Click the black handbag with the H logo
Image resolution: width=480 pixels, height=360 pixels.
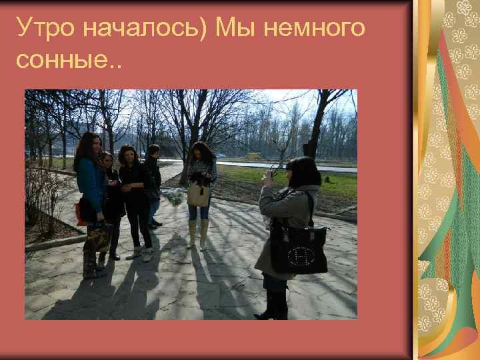pos(299,247)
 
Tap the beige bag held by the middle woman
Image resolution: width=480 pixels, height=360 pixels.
pos(198,194)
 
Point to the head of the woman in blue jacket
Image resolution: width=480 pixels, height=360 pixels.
pos(89,143)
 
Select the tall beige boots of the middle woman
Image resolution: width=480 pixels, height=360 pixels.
pos(197,233)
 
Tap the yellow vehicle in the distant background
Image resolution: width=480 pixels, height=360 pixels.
pos(254,156)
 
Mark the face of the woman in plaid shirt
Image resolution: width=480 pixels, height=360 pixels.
pos(202,152)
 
